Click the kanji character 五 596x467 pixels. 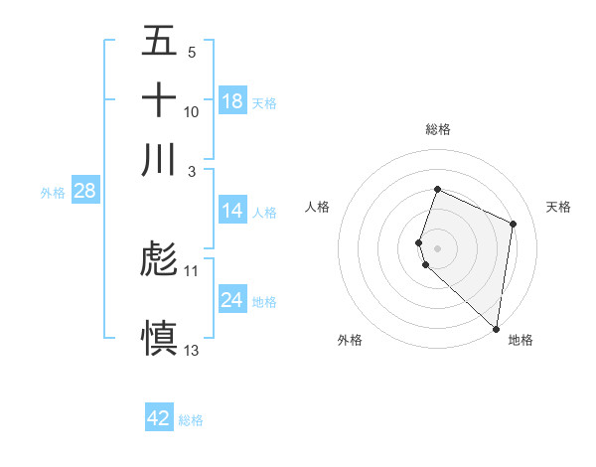[159, 41]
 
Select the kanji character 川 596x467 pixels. [159, 159]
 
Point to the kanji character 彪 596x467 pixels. [159, 260]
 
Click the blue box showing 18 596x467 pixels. [232, 101]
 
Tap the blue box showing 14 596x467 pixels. [232, 211]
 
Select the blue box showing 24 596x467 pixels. [232, 300]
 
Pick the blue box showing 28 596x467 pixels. [84, 191]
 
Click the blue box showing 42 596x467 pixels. [159, 418]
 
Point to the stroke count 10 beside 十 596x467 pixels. [192, 112]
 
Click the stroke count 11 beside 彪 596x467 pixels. [192, 270]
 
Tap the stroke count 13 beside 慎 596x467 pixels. [192, 350]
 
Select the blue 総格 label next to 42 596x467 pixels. [191, 420]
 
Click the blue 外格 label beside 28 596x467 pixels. [53, 193]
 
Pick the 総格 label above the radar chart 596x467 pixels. [437, 129]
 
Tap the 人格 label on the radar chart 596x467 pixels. [318, 207]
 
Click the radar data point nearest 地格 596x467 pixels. [496, 329]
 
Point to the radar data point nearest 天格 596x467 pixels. [514, 224]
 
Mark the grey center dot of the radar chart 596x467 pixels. [437, 246]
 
